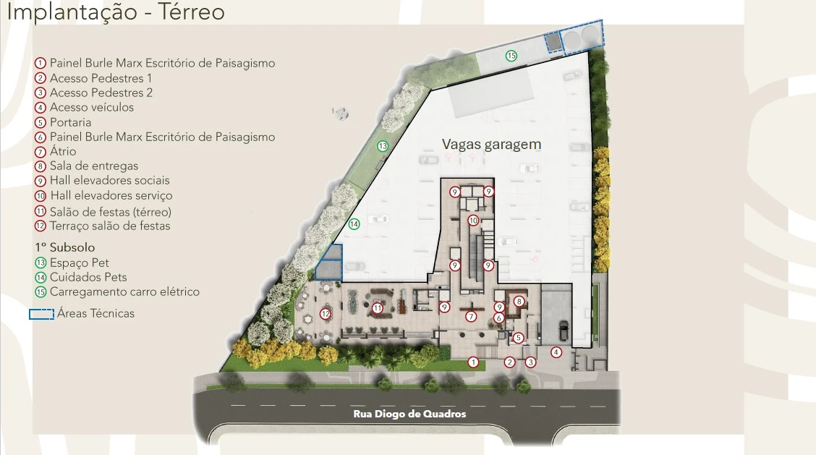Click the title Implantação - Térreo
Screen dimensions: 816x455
click(116, 12)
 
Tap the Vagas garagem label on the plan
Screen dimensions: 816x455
click(491, 144)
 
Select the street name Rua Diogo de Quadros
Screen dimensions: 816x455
click(409, 414)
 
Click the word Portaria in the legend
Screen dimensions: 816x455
click(70, 122)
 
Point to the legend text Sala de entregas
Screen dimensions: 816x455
click(94, 166)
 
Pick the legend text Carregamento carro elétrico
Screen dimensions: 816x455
click(125, 292)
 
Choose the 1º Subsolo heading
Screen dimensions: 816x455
click(65, 247)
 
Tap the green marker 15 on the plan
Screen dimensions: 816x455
click(511, 56)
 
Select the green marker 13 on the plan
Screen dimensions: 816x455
click(383, 146)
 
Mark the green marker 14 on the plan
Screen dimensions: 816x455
click(354, 224)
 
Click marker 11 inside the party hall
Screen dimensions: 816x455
click(378, 308)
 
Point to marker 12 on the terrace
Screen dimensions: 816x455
click(326, 314)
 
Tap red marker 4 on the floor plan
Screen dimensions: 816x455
click(556, 352)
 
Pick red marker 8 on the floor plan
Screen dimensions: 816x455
click(519, 302)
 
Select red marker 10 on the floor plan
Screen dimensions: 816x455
click(472, 220)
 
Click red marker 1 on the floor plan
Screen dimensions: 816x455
click(472, 362)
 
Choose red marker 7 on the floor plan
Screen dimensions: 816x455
click(471, 316)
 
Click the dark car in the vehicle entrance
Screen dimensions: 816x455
click(563, 330)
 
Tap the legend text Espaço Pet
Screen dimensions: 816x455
click(79, 263)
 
